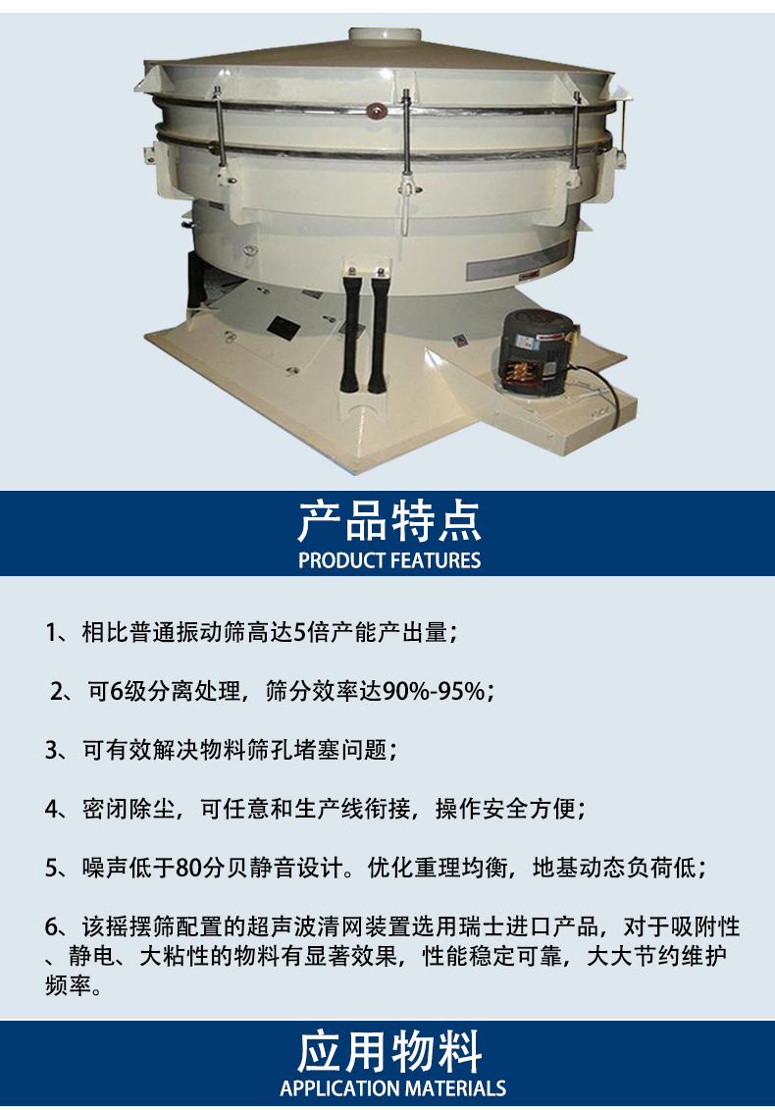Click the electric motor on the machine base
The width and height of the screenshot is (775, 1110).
[x=538, y=351]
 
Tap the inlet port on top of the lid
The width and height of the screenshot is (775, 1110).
[x=385, y=34]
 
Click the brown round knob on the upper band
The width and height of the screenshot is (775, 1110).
[x=374, y=110]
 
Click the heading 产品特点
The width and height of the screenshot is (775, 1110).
[x=388, y=521]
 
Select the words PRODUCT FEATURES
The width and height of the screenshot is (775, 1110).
[x=389, y=560]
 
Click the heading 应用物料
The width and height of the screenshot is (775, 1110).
[x=388, y=1052]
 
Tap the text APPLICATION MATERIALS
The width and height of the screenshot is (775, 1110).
[x=392, y=1088]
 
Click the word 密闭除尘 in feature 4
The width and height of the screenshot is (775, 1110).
[x=129, y=809]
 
